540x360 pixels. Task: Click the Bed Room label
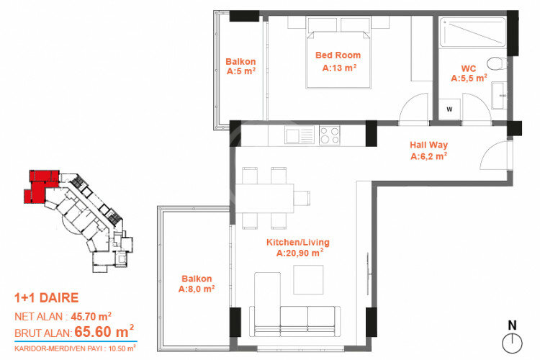pyautogui.click(x=338, y=62)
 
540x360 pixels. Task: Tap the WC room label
pyautogui.click(x=469, y=73)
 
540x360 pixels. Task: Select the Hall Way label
pyautogui.click(x=428, y=149)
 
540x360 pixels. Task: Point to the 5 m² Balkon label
pyautogui.click(x=241, y=66)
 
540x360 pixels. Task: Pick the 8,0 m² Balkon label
pyautogui.click(x=197, y=284)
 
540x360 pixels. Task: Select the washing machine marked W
pyautogui.click(x=449, y=109)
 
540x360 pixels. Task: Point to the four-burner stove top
pyautogui.click(x=330, y=135)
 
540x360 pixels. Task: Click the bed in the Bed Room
pyautogui.click(x=338, y=54)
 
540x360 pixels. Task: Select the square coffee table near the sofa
pyautogui.click(x=308, y=279)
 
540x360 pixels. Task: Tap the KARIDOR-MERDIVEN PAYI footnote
pyautogui.click(x=75, y=348)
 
